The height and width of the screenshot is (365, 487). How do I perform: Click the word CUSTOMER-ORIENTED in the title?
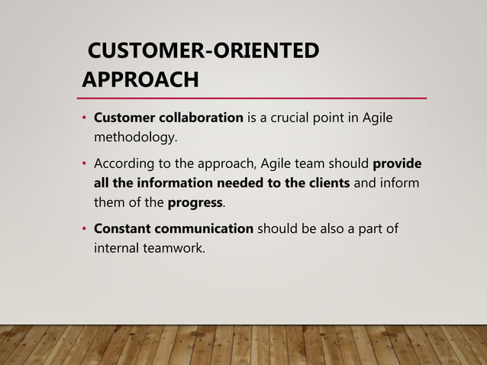[204, 52]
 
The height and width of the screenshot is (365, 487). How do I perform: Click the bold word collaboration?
[202, 118]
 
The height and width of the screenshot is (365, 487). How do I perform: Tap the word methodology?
[134, 138]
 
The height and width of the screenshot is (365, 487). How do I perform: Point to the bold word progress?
[195, 203]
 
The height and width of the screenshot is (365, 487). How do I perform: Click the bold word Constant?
[121, 229]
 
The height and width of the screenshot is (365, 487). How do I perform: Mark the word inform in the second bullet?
[401, 183]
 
